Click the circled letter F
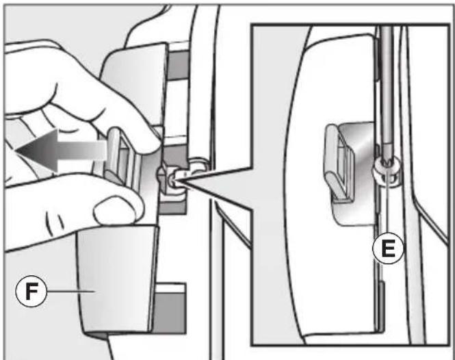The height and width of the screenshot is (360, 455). coord(31,291)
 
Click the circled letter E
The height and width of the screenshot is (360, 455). coord(388,248)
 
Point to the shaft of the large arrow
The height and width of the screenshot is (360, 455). coord(82,151)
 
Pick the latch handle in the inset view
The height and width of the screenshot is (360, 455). coord(339,163)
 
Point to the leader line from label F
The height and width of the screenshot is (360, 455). coord(71,291)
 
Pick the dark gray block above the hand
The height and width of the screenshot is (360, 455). coord(178,65)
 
